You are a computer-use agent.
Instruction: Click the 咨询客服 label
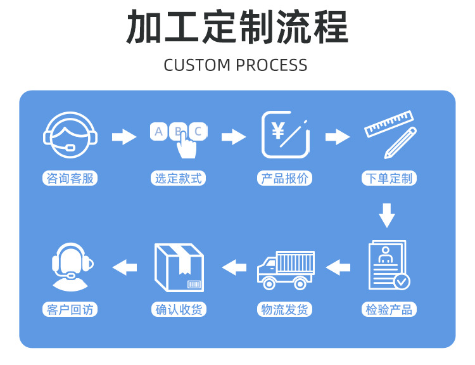point(70,179)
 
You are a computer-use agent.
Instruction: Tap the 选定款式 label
point(179,179)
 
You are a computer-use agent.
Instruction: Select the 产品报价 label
point(285,179)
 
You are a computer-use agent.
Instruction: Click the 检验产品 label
point(389,310)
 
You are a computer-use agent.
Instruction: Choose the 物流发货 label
point(285,310)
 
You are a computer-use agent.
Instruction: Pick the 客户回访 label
point(70,310)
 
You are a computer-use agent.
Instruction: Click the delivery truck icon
point(285,269)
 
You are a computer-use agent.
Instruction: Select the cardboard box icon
point(179,267)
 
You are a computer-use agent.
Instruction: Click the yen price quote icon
point(285,134)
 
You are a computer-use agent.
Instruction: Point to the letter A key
point(159,132)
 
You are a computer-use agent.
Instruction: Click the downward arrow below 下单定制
point(387,215)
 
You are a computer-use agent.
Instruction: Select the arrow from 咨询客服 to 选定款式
point(124,136)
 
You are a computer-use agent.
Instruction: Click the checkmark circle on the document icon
point(402,280)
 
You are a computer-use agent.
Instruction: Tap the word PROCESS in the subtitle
point(272,65)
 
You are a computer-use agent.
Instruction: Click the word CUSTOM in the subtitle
point(197,65)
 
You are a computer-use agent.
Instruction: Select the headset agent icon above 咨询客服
point(70,135)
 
